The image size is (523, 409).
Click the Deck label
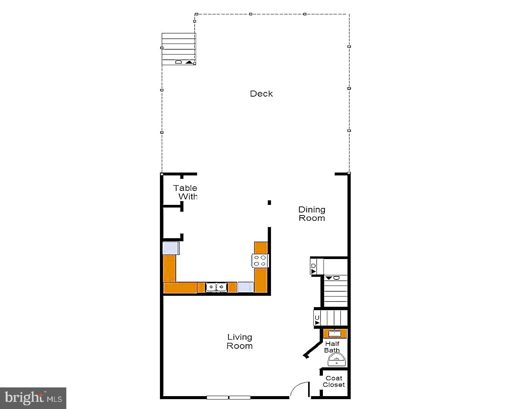pos(261,94)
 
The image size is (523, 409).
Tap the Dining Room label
pos(312,214)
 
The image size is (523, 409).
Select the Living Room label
pos(240,341)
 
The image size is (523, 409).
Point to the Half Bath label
pos(332,347)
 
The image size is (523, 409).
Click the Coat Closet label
pos(334,381)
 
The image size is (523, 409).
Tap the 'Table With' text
pos(186,192)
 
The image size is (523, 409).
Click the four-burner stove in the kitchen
pos(260,261)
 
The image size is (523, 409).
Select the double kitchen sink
pos(216,287)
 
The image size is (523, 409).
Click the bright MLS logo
pos(33,398)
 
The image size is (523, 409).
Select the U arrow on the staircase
pos(317,320)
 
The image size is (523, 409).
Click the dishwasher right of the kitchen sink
pos(246,287)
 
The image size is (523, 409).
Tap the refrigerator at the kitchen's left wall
pos(171,248)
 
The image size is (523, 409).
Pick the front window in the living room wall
pos(229,397)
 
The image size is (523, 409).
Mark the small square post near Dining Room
pos(269,203)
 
